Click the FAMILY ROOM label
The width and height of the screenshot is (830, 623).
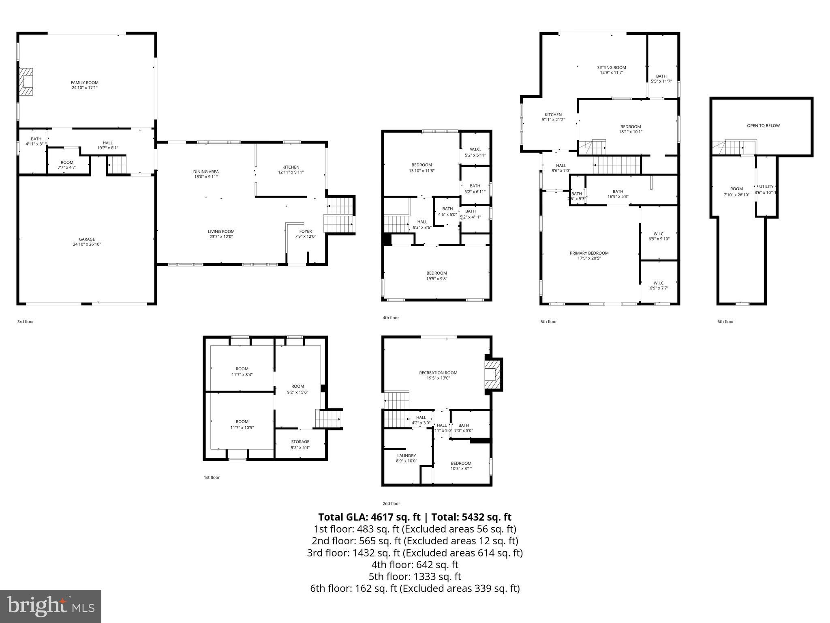[85, 85]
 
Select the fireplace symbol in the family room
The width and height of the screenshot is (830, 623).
[27, 82]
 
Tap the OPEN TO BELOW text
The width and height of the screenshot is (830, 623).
[763, 126]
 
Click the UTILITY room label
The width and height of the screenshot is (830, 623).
[766, 187]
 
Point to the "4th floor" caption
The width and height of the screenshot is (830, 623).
[391, 318]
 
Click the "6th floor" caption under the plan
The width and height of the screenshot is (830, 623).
[725, 322]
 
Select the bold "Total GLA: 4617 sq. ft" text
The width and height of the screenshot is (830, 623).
[369, 517]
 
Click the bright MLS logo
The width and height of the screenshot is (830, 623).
[51, 606]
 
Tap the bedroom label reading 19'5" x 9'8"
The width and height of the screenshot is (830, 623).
[436, 276]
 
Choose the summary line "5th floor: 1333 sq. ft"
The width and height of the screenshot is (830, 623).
[415, 576]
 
